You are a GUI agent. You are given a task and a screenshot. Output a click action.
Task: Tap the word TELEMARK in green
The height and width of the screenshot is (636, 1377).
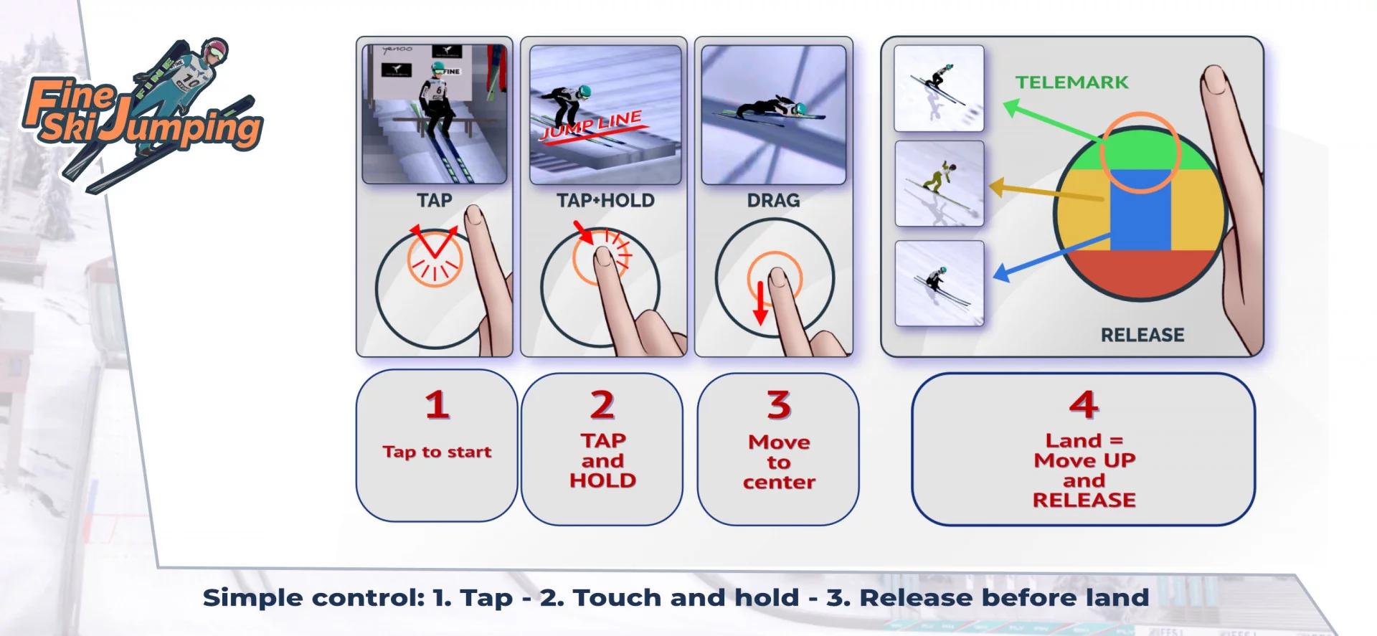[1071, 82]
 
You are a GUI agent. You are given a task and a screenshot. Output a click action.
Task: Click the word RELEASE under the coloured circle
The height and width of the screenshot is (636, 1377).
[1142, 335]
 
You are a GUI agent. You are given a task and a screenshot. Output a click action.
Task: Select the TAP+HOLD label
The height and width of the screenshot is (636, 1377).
[605, 201]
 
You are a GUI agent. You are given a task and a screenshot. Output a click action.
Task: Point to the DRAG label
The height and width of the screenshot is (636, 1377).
[773, 201]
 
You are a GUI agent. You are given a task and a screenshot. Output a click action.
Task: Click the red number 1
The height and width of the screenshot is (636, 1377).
[437, 405]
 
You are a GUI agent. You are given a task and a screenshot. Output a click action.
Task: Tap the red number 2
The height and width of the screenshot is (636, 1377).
[602, 405]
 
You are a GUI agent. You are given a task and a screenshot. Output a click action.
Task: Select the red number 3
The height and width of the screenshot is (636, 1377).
[779, 405]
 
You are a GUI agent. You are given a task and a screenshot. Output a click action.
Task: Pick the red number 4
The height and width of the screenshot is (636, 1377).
[1084, 405]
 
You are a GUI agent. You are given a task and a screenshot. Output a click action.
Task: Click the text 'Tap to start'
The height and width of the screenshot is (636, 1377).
[437, 452]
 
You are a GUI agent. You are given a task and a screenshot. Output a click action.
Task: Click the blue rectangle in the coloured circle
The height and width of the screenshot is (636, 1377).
[1140, 210]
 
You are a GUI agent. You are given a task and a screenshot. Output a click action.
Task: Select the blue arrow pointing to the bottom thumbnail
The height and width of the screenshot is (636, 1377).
[1051, 257]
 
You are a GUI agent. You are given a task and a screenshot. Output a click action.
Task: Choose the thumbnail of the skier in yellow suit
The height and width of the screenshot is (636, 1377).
[940, 184]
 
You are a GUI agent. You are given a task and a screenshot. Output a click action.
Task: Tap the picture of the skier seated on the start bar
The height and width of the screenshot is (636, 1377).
[435, 113]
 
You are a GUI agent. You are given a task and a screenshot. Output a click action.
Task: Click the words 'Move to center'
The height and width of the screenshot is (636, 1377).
[779, 462]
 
